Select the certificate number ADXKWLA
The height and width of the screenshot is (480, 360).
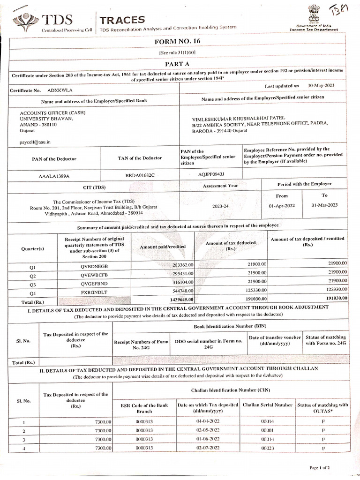(x=60, y=89)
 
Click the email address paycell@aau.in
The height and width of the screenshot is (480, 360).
(x=35, y=141)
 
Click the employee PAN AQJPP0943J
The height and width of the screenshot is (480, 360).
(x=211, y=174)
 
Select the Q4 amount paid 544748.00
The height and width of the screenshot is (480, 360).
(x=180, y=291)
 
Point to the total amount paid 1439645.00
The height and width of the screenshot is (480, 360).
(x=179, y=300)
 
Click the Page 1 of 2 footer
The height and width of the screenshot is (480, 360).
(x=320, y=467)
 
